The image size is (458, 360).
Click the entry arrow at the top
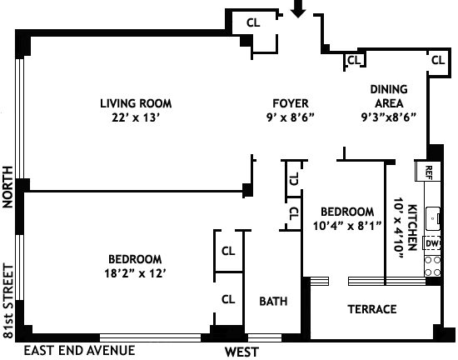[x=298, y=9]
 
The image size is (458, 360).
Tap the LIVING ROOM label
[x=136, y=103]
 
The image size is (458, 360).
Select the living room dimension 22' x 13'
[x=136, y=117]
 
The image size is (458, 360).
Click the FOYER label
[x=291, y=103]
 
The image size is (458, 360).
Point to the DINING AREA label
[x=389, y=96]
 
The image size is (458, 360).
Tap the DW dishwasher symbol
[x=431, y=243]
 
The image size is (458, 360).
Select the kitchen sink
[x=433, y=218]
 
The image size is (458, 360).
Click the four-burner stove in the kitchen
[x=432, y=266]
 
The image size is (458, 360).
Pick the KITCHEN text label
[x=412, y=227]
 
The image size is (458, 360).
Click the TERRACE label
[x=372, y=309]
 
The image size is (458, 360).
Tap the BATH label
[x=273, y=302]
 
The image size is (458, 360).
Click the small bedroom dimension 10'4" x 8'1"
[x=347, y=226]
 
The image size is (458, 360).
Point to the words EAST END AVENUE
[x=79, y=350]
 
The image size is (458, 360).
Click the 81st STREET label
[x=8, y=302]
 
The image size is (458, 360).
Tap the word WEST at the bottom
[x=241, y=352]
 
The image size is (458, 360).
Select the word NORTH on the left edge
[x=7, y=187]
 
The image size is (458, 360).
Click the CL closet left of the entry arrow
[x=253, y=22]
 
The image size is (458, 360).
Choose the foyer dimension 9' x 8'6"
[x=291, y=117]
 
